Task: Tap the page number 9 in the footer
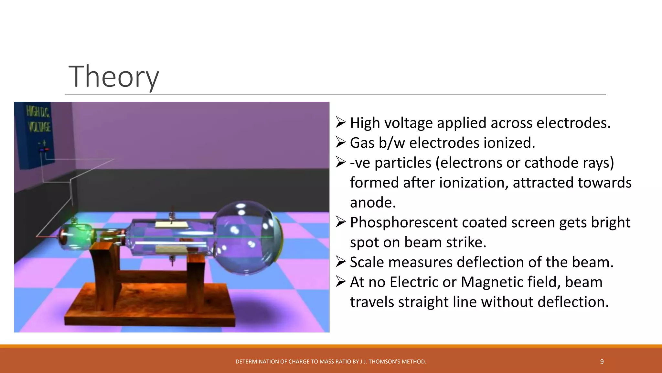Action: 602,362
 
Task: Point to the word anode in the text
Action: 373,203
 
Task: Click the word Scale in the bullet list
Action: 367,262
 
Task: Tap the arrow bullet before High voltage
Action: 341,122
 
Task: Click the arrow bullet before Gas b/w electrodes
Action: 341,142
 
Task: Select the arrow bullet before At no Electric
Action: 341,281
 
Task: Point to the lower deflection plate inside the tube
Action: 170,249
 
